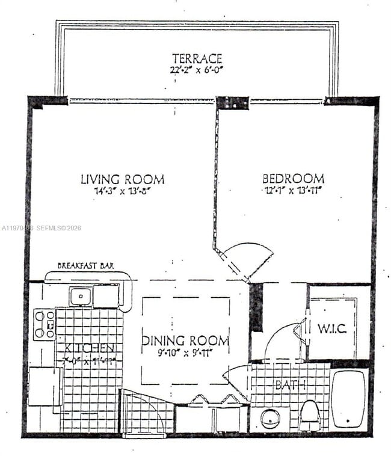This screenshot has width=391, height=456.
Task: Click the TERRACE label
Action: click(x=197, y=58)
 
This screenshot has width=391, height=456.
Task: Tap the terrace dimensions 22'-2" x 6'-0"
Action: click(x=197, y=69)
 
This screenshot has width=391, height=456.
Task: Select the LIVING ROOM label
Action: click(x=122, y=179)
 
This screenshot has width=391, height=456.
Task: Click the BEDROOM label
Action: click(x=293, y=179)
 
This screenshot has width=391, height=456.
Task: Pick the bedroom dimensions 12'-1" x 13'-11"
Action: click(x=293, y=190)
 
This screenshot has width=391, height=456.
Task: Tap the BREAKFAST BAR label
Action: click(x=85, y=265)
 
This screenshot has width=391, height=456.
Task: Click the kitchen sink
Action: click(x=80, y=296)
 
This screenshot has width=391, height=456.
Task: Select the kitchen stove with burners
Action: click(x=43, y=325)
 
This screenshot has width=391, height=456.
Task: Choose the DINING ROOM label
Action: click(x=185, y=341)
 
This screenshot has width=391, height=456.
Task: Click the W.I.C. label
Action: click(x=331, y=330)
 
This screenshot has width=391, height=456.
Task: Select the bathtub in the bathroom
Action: click(x=348, y=398)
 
